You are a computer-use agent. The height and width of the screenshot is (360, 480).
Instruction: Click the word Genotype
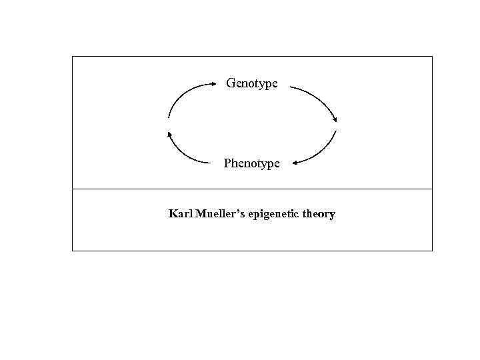point(252,83)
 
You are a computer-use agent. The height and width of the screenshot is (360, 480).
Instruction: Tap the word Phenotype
point(251,163)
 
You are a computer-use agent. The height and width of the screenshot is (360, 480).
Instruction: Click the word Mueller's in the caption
point(219,215)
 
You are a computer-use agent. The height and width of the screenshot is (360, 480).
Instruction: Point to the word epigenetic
point(275,215)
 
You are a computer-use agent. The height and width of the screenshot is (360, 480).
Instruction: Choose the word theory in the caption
point(320,215)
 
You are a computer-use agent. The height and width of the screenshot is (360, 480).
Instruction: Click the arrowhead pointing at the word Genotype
point(215,84)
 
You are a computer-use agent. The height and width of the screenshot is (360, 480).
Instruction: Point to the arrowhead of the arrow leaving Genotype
point(335,119)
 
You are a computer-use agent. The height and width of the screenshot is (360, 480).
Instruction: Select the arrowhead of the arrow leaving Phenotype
point(169,133)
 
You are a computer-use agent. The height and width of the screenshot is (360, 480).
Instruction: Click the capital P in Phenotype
point(227,163)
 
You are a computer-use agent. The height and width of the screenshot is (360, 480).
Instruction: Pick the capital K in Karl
point(173,215)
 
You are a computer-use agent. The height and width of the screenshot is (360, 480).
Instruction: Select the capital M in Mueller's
point(199,215)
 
